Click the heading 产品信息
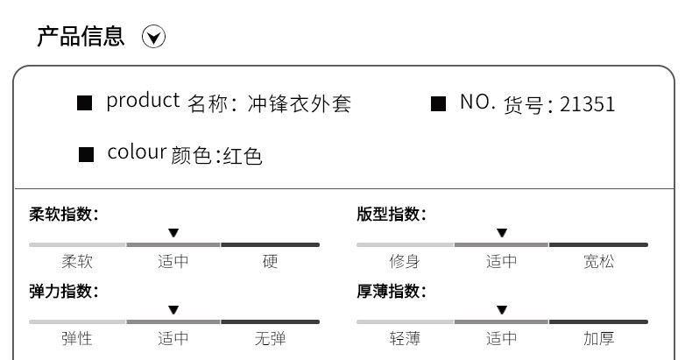click(x=81, y=37)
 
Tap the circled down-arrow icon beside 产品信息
click(x=154, y=38)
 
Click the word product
click(x=143, y=102)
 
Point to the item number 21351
click(x=587, y=104)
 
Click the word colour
click(x=137, y=152)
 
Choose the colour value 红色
click(x=243, y=157)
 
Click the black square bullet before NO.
click(x=439, y=103)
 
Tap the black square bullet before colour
click(x=86, y=155)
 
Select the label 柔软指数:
click(x=64, y=215)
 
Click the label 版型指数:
click(x=392, y=215)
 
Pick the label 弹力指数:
click(x=64, y=292)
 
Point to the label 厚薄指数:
click(x=392, y=292)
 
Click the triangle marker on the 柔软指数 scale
click(x=173, y=233)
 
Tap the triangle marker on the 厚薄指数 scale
click(x=501, y=310)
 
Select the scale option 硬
click(x=270, y=261)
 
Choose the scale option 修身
click(x=405, y=261)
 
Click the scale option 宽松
click(x=599, y=261)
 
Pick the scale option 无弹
click(x=270, y=338)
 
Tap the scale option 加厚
click(x=599, y=338)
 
